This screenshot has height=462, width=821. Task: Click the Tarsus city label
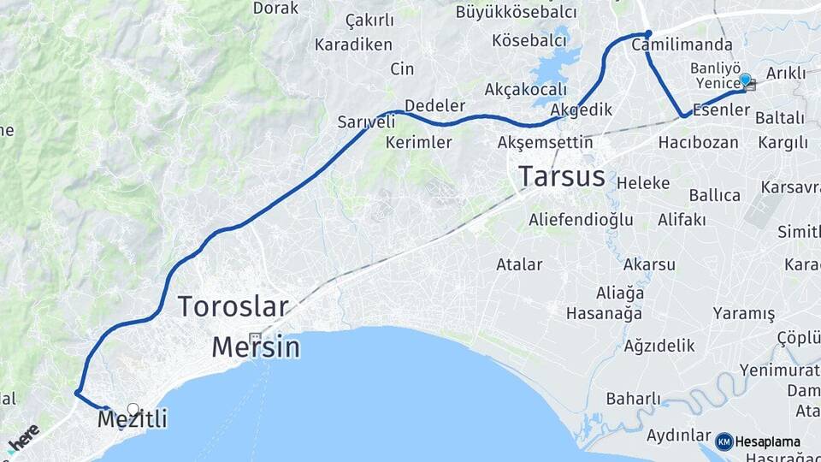pos(562,177)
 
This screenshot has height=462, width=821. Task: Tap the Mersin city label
pos(255,346)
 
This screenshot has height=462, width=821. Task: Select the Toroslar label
pos(233,306)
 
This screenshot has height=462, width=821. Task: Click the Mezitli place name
pos(132,419)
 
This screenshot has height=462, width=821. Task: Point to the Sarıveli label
pos(366,121)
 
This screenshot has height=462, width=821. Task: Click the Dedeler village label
pos(434,105)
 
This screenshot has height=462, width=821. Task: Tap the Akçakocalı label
pos(526,89)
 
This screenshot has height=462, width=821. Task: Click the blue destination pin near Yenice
pos(746,80)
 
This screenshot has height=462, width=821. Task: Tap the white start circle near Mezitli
pos(133,409)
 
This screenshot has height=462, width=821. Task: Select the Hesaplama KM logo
pos(759,441)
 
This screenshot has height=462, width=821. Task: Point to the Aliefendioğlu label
pos(581,220)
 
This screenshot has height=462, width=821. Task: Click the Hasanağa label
pos(604,313)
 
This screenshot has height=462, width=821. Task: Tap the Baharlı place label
pos(634,398)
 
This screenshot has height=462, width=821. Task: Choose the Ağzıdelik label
pos(659,346)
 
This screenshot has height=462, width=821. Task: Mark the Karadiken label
pos(353,44)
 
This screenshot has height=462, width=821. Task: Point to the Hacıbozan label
pos(698,142)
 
